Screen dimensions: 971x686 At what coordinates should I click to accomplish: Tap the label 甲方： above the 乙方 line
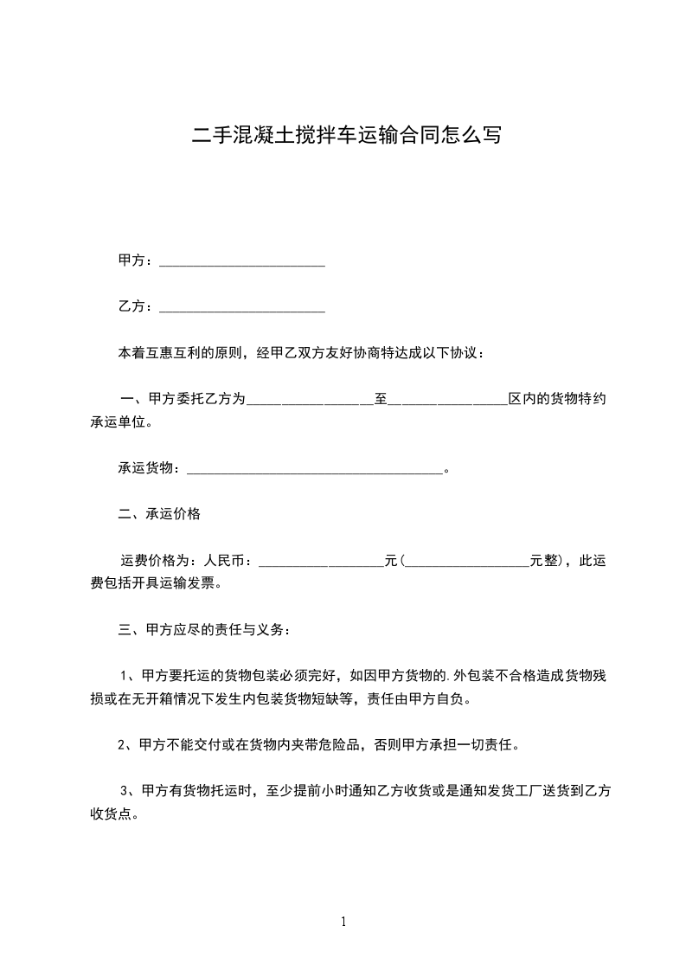[136, 260]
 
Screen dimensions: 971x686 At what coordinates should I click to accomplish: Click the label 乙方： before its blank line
[136, 306]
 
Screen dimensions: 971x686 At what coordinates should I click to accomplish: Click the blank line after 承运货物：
[315, 470]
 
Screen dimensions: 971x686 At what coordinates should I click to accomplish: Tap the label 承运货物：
[151, 469]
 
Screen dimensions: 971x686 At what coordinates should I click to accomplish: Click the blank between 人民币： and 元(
[321, 563]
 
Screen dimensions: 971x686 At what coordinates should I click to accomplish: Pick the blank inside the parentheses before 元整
[467, 563]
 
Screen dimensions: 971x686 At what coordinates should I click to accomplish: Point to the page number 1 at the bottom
[343, 922]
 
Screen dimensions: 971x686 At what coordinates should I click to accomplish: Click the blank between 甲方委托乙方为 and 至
[310, 401]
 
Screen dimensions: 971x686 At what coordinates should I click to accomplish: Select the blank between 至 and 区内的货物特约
[448, 401]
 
